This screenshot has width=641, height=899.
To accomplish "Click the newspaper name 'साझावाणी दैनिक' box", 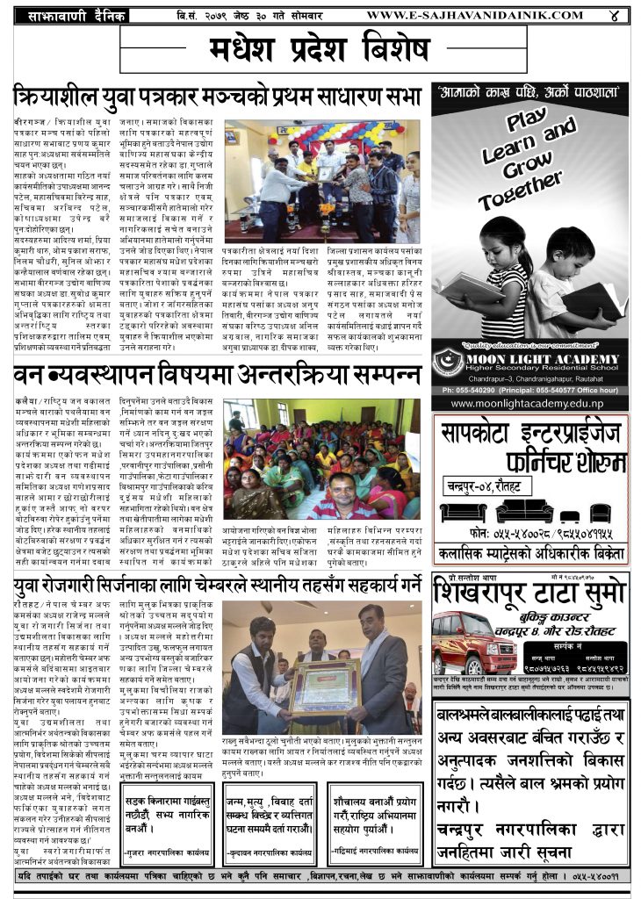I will pyautogui.click(x=76, y=16).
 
